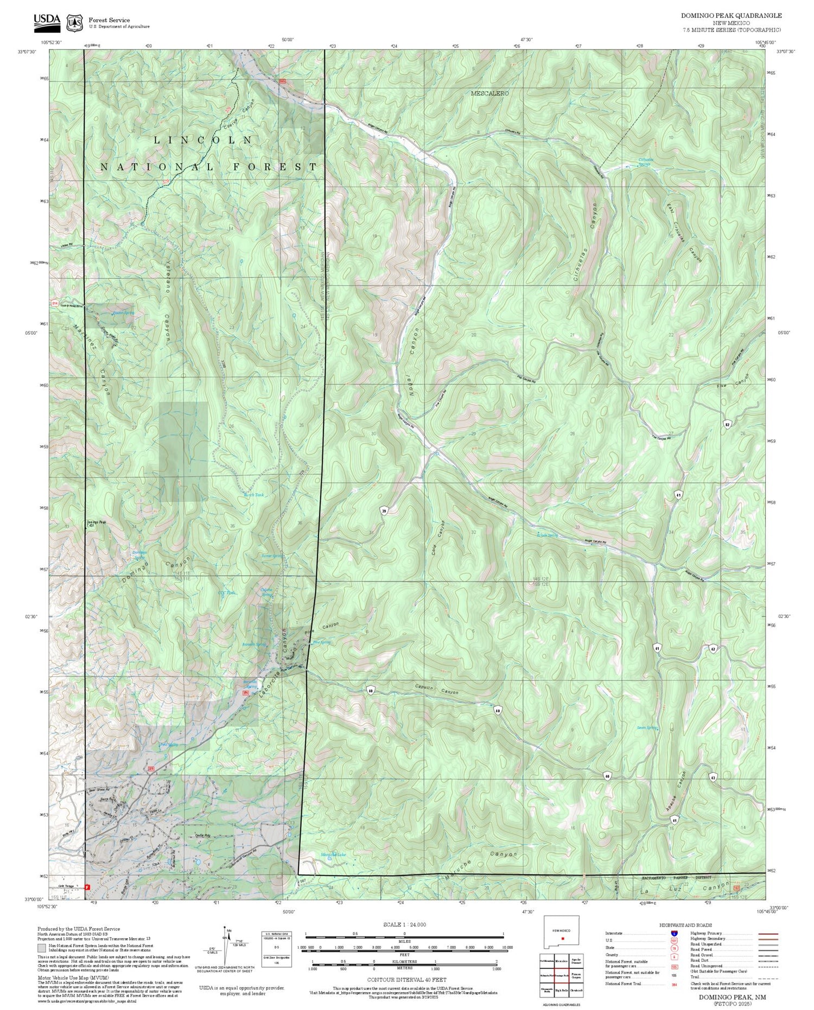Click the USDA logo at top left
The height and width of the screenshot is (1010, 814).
click(x=47, y=20)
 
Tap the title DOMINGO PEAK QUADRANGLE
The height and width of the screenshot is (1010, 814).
click(x=731, y=16)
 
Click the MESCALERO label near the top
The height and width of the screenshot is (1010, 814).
click(x=490, y=93)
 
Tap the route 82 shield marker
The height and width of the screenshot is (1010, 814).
click(x=727, y=423)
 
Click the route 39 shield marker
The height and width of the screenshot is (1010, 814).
click(x=384, y=510)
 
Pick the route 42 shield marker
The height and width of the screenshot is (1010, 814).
click(x=713, y=649)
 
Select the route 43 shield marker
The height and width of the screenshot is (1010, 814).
click(x=713, y=777)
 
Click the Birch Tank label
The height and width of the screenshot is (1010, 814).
click(x=253, y=495)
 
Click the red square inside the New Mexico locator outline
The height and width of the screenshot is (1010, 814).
click(x=563, y=938)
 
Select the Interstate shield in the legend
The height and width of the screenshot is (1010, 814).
click(x=674, y=933)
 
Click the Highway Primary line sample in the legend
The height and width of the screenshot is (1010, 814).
click(x=765, y=934)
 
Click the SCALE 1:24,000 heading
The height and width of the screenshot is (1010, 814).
click(x=404, y=924)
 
